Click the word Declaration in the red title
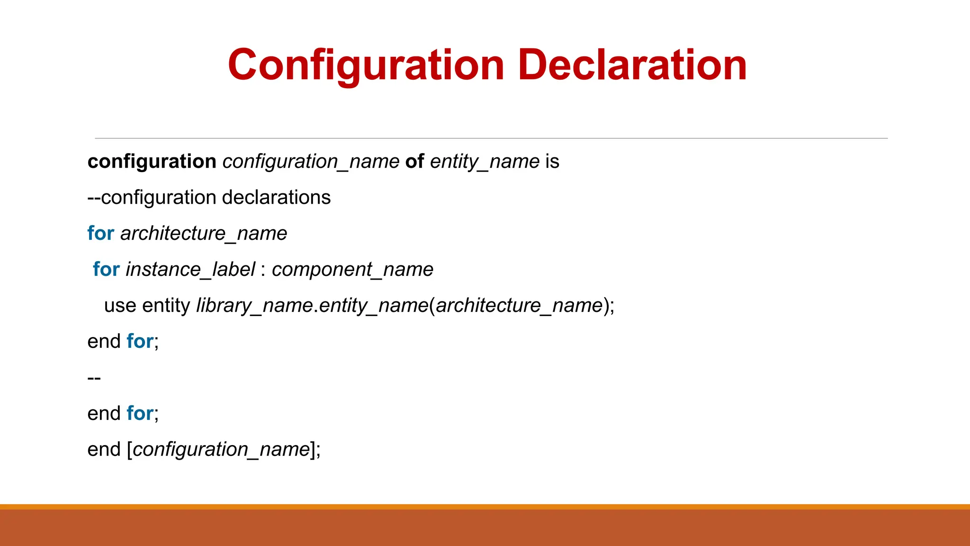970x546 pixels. click(x=632, y=65)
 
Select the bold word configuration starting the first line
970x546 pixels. click(x=152, y=162)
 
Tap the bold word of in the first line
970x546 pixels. click(x=414, y=162)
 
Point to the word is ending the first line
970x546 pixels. click(x=552, y=162)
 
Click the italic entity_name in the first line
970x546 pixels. click(x=485, y=162)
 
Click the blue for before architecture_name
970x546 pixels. click(x=101, y=234)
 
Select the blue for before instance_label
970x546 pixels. click(x=106, y=270)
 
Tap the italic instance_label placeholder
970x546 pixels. click(x=190, y=270)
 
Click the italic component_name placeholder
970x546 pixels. click(x=352, y=270)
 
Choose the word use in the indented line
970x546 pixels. click(x=120, y=306)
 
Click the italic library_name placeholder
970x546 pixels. click(x=254, y=306)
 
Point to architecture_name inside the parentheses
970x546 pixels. click(x=519, y=306)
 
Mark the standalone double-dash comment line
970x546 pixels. click(x=94, y=378)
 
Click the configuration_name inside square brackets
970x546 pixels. click(x=221, y=449)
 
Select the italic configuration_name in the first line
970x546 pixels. click(x=311, y=162)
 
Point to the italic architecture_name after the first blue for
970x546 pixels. click(x=204, y=234)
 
